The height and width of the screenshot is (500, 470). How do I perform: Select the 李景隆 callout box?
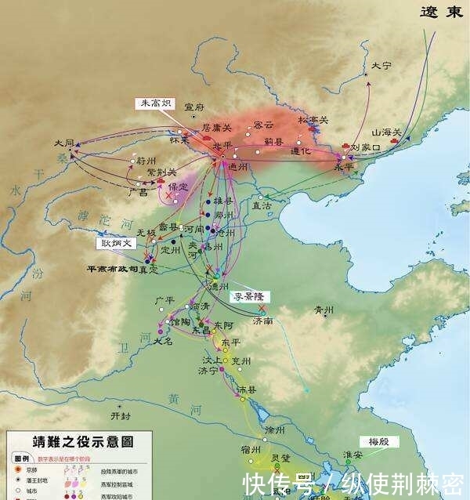249,296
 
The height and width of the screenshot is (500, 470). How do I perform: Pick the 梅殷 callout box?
380,441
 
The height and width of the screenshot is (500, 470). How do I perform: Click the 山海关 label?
386,132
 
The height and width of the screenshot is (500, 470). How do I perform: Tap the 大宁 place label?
381,66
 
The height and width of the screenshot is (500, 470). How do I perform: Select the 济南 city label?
262,321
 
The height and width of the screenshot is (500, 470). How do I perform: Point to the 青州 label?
324,309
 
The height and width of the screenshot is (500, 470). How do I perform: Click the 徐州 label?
274,430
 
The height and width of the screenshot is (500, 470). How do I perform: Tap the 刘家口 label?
364,147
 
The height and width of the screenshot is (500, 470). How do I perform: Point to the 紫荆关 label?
161,172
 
